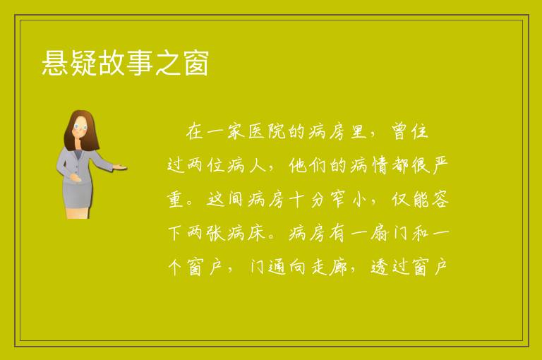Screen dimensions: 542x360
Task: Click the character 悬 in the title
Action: point(55,63)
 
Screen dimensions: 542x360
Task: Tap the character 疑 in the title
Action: point(83,63)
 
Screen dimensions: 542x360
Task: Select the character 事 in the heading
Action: point(139,63)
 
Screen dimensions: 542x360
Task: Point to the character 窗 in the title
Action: point(195,63)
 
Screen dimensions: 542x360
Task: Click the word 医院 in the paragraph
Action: point(267,132)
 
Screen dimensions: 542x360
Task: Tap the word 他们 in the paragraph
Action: point(307,166)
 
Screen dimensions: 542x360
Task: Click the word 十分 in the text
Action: point(307,200)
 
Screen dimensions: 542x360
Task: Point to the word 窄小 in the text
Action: point(347,200)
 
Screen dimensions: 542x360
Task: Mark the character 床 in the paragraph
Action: point(256,234)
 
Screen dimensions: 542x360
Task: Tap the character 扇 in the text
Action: point(380,234)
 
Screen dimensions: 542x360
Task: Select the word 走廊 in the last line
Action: point(329,268)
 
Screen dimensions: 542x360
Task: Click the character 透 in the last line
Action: point(380,268)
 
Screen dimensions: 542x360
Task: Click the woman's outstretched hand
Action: point(120,167)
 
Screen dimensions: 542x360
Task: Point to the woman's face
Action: point(81,127)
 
